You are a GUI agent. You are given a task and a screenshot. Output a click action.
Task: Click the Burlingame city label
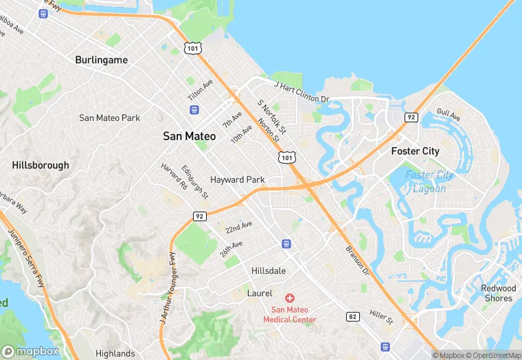point(101,60)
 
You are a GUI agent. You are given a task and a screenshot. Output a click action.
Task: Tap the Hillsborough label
point(41,165)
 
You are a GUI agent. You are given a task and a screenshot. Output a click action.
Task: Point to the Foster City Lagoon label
point(430,181)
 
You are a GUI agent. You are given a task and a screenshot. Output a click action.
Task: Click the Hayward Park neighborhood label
point(238,179)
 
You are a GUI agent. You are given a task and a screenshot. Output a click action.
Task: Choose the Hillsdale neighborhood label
point(269,271)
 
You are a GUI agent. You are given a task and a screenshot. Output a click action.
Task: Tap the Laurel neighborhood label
point(260,293)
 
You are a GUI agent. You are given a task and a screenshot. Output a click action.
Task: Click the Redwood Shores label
point(498,293)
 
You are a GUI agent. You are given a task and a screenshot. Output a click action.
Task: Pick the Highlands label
point(115,354)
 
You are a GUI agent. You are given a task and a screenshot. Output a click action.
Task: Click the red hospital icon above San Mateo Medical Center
point(290,297)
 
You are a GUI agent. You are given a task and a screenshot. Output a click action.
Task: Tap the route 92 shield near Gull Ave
point(411,117)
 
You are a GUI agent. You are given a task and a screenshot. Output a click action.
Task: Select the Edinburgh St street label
point(194,179)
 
